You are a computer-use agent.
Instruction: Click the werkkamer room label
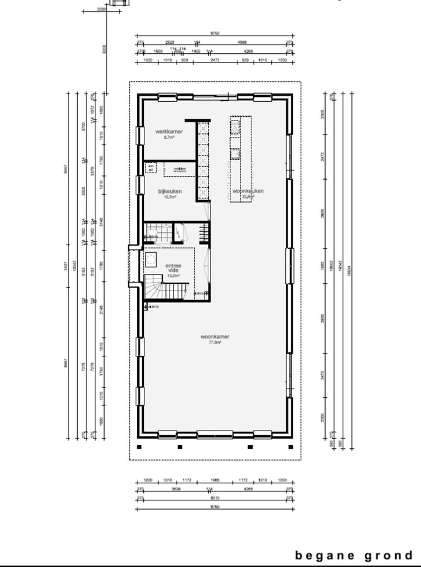(x=169, y=132)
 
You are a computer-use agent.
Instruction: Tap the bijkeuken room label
(x=170, y=191)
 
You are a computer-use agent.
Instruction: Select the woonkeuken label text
(x=248, y=191)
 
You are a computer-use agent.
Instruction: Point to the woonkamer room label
(x=215, y=337)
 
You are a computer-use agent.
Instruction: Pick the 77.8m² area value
(x=215, y=343)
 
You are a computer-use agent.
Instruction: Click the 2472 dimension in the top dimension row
(x=215, y=60)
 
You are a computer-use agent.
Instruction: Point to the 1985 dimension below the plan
(x=215, y=480)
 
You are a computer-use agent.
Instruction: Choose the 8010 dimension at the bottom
(x=215, y=498)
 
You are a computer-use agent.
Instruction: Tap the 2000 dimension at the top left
(x=101, y=9)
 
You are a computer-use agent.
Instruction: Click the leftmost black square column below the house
(x=140, y=446)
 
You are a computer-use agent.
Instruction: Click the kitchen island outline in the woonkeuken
(x=240, y=159)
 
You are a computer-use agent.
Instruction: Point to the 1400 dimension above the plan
(x=196, y=51)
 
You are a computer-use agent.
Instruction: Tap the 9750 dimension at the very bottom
(x=215, y=507)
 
